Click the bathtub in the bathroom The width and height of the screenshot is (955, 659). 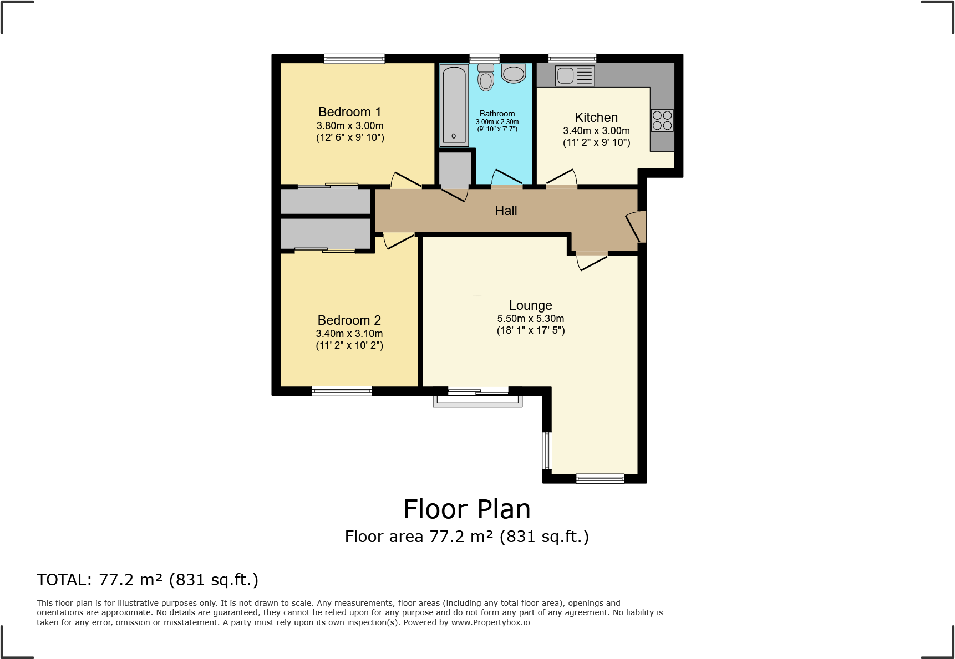[454, 105]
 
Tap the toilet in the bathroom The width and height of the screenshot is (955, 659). [486, 77]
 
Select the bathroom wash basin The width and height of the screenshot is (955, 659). [514, 74]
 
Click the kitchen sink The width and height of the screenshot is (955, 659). [575, 75]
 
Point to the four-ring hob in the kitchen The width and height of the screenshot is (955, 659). [662, 120]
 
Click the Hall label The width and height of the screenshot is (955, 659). [506, 211]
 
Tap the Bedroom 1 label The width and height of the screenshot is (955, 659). [349, 112]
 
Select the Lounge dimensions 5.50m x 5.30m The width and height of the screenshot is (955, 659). [531, 319]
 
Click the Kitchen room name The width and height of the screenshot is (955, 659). [596, 118]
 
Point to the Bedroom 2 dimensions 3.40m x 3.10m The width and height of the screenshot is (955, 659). [349, 334]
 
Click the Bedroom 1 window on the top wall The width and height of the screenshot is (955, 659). [354, 59]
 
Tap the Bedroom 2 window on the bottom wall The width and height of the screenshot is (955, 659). [342, 391]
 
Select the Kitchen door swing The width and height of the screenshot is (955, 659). [562, 177]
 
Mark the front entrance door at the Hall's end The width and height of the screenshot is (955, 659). [636, 227]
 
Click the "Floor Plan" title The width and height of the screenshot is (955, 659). [467, 509]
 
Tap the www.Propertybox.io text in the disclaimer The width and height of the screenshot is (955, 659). [490, 622]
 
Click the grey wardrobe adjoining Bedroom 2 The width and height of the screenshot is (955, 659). [326, 234]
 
